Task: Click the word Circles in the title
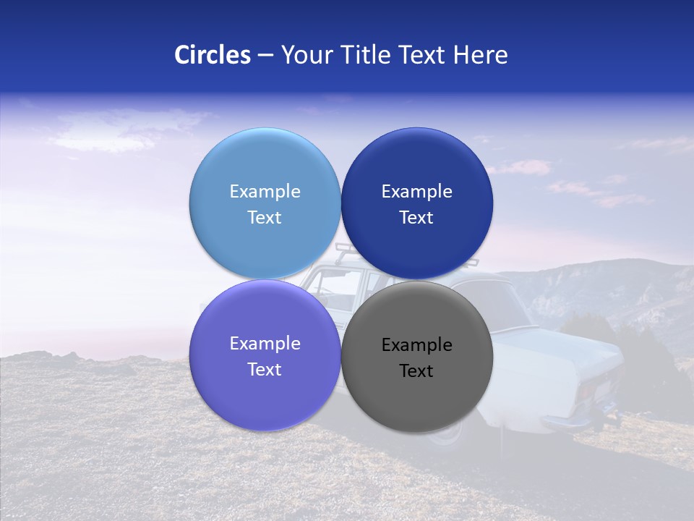tap(213, 55)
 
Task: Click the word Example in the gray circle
tap(416, 345)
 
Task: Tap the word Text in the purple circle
tap(265, 369)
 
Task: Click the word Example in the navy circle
tap(416, 192)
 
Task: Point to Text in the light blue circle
tap(265, 217)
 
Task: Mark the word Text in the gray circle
tap(416, 371)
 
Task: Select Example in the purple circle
tap(265, 344)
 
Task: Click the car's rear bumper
tap(571, 423)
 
